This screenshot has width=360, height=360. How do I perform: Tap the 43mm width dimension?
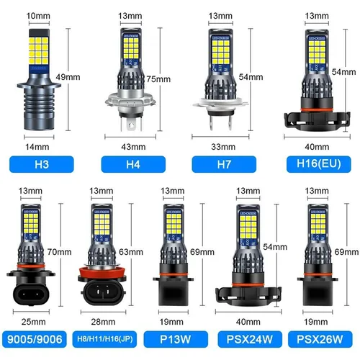click(133, 146)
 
